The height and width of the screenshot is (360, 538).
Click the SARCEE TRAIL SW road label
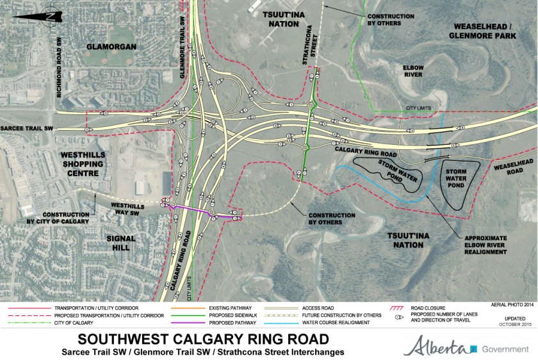point(27,129)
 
